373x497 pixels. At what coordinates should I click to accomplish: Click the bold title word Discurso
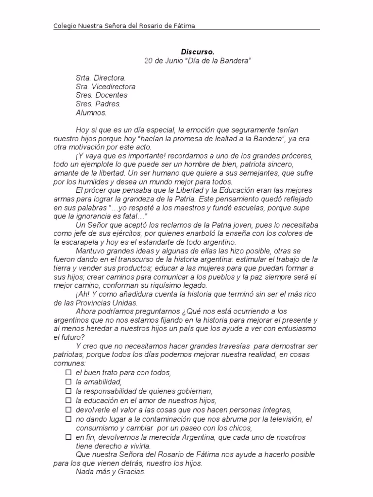click(198, 51)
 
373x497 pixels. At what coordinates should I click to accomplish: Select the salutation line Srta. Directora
click(101, 78)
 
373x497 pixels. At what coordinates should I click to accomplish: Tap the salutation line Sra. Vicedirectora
click(105, 86)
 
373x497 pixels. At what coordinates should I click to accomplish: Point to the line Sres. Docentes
click(102, 95)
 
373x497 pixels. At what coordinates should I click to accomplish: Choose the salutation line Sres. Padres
click(98, 104)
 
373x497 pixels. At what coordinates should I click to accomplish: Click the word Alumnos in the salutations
click(91, 113)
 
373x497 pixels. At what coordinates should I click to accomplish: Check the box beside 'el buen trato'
click(68, 373)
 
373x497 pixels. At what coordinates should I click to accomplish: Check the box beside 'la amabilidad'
click(68, 382)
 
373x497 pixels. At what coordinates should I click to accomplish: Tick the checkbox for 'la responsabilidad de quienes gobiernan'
click(68, 391)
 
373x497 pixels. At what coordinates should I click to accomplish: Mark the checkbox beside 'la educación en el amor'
click(68, 400)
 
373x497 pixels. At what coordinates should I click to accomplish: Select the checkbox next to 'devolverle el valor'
click(68, 410)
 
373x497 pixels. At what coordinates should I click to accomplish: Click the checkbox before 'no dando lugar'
click(68, 419)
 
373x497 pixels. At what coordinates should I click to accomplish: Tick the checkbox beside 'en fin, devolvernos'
click(68, 437)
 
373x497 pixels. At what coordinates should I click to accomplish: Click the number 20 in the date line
click(148, 61)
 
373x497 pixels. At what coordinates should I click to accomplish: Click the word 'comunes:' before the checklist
click(69, 363)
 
